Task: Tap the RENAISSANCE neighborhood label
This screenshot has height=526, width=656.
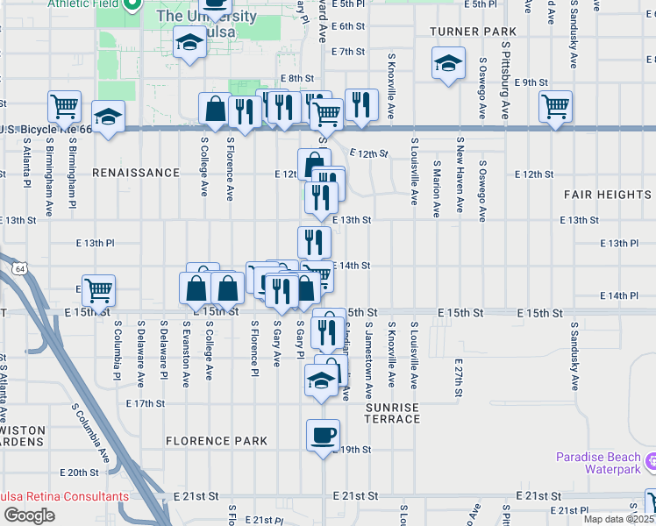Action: (x=136, y=173)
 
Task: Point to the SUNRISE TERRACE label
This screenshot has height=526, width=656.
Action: (x=392, y=414)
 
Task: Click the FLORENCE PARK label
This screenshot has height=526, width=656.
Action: (x=217, y=441)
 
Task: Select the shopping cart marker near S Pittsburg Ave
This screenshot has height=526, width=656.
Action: (x=555, y=107)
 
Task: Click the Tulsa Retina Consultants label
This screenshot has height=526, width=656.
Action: (x=65, y=496)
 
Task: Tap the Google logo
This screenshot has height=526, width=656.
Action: (x=28, y=515)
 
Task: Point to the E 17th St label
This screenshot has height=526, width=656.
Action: (x=146, y=403)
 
